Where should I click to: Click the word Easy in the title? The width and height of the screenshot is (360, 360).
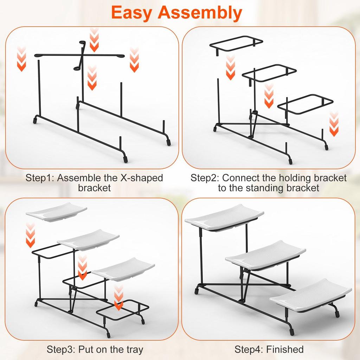point(132,13)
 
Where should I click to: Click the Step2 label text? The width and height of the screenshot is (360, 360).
point(205,178)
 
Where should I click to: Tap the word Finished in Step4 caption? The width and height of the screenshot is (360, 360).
point(285,349)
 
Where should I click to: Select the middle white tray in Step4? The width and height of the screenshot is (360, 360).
point(265,255)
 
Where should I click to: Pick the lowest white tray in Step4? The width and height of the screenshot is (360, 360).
point(310,295)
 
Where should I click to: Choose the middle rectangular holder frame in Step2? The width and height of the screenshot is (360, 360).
point(269,73)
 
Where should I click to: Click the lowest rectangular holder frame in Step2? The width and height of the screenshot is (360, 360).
point(305,103)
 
